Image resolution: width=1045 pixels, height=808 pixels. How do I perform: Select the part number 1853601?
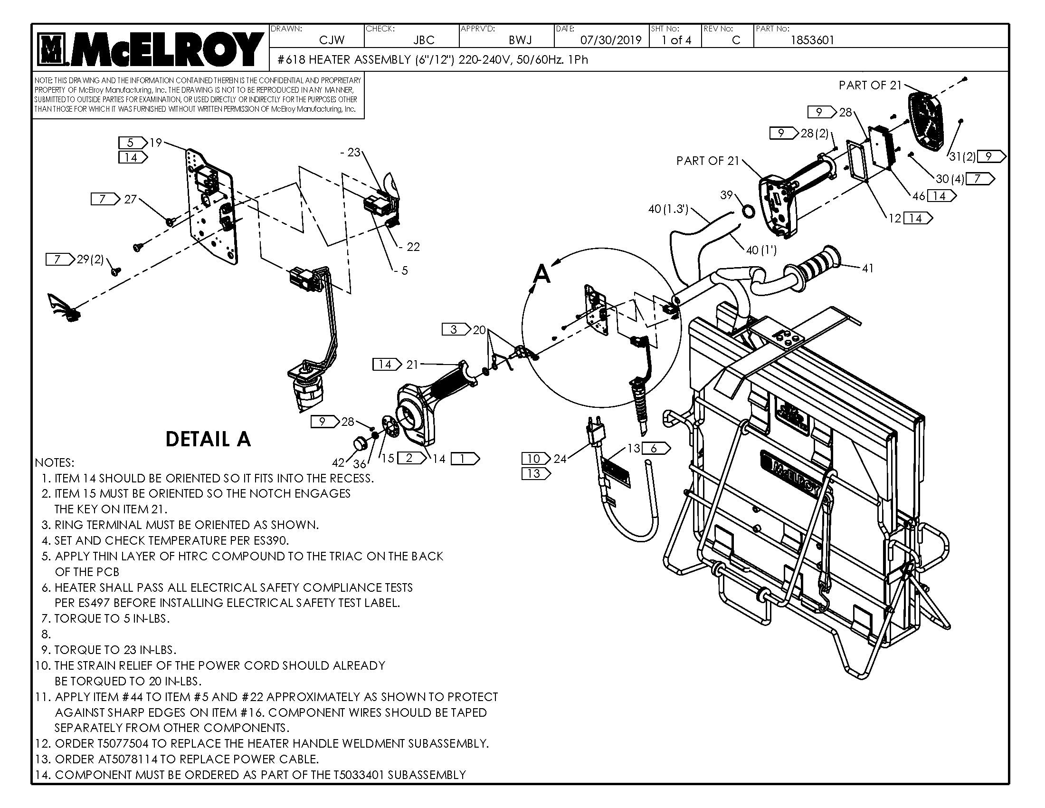coord(812,40)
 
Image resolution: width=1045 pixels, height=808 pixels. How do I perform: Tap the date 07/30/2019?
coord(610,40)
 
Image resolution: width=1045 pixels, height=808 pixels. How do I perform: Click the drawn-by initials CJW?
coord(332,40)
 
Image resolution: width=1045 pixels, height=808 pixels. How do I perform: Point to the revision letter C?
coord(736,40)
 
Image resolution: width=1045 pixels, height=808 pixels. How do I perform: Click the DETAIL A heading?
coord(208,439)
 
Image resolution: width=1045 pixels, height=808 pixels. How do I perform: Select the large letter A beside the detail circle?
coord(541,274)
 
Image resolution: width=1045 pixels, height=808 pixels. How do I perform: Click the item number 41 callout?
coord(867,269)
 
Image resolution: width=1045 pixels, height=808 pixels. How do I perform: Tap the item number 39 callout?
coord(726,195)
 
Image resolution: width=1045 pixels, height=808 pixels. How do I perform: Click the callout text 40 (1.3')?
coord(668,209)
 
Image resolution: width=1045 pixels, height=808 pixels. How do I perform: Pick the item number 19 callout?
coord(155,143)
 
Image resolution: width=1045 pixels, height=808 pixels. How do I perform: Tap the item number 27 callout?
coord(130,199)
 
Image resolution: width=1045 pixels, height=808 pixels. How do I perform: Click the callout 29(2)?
coord(90,260)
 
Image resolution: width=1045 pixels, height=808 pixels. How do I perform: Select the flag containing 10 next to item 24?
coord(534,459)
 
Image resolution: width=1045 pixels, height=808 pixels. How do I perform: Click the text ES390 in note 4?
coord(271,540)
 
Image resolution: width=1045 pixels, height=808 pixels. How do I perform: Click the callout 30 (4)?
coord(950,179)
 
